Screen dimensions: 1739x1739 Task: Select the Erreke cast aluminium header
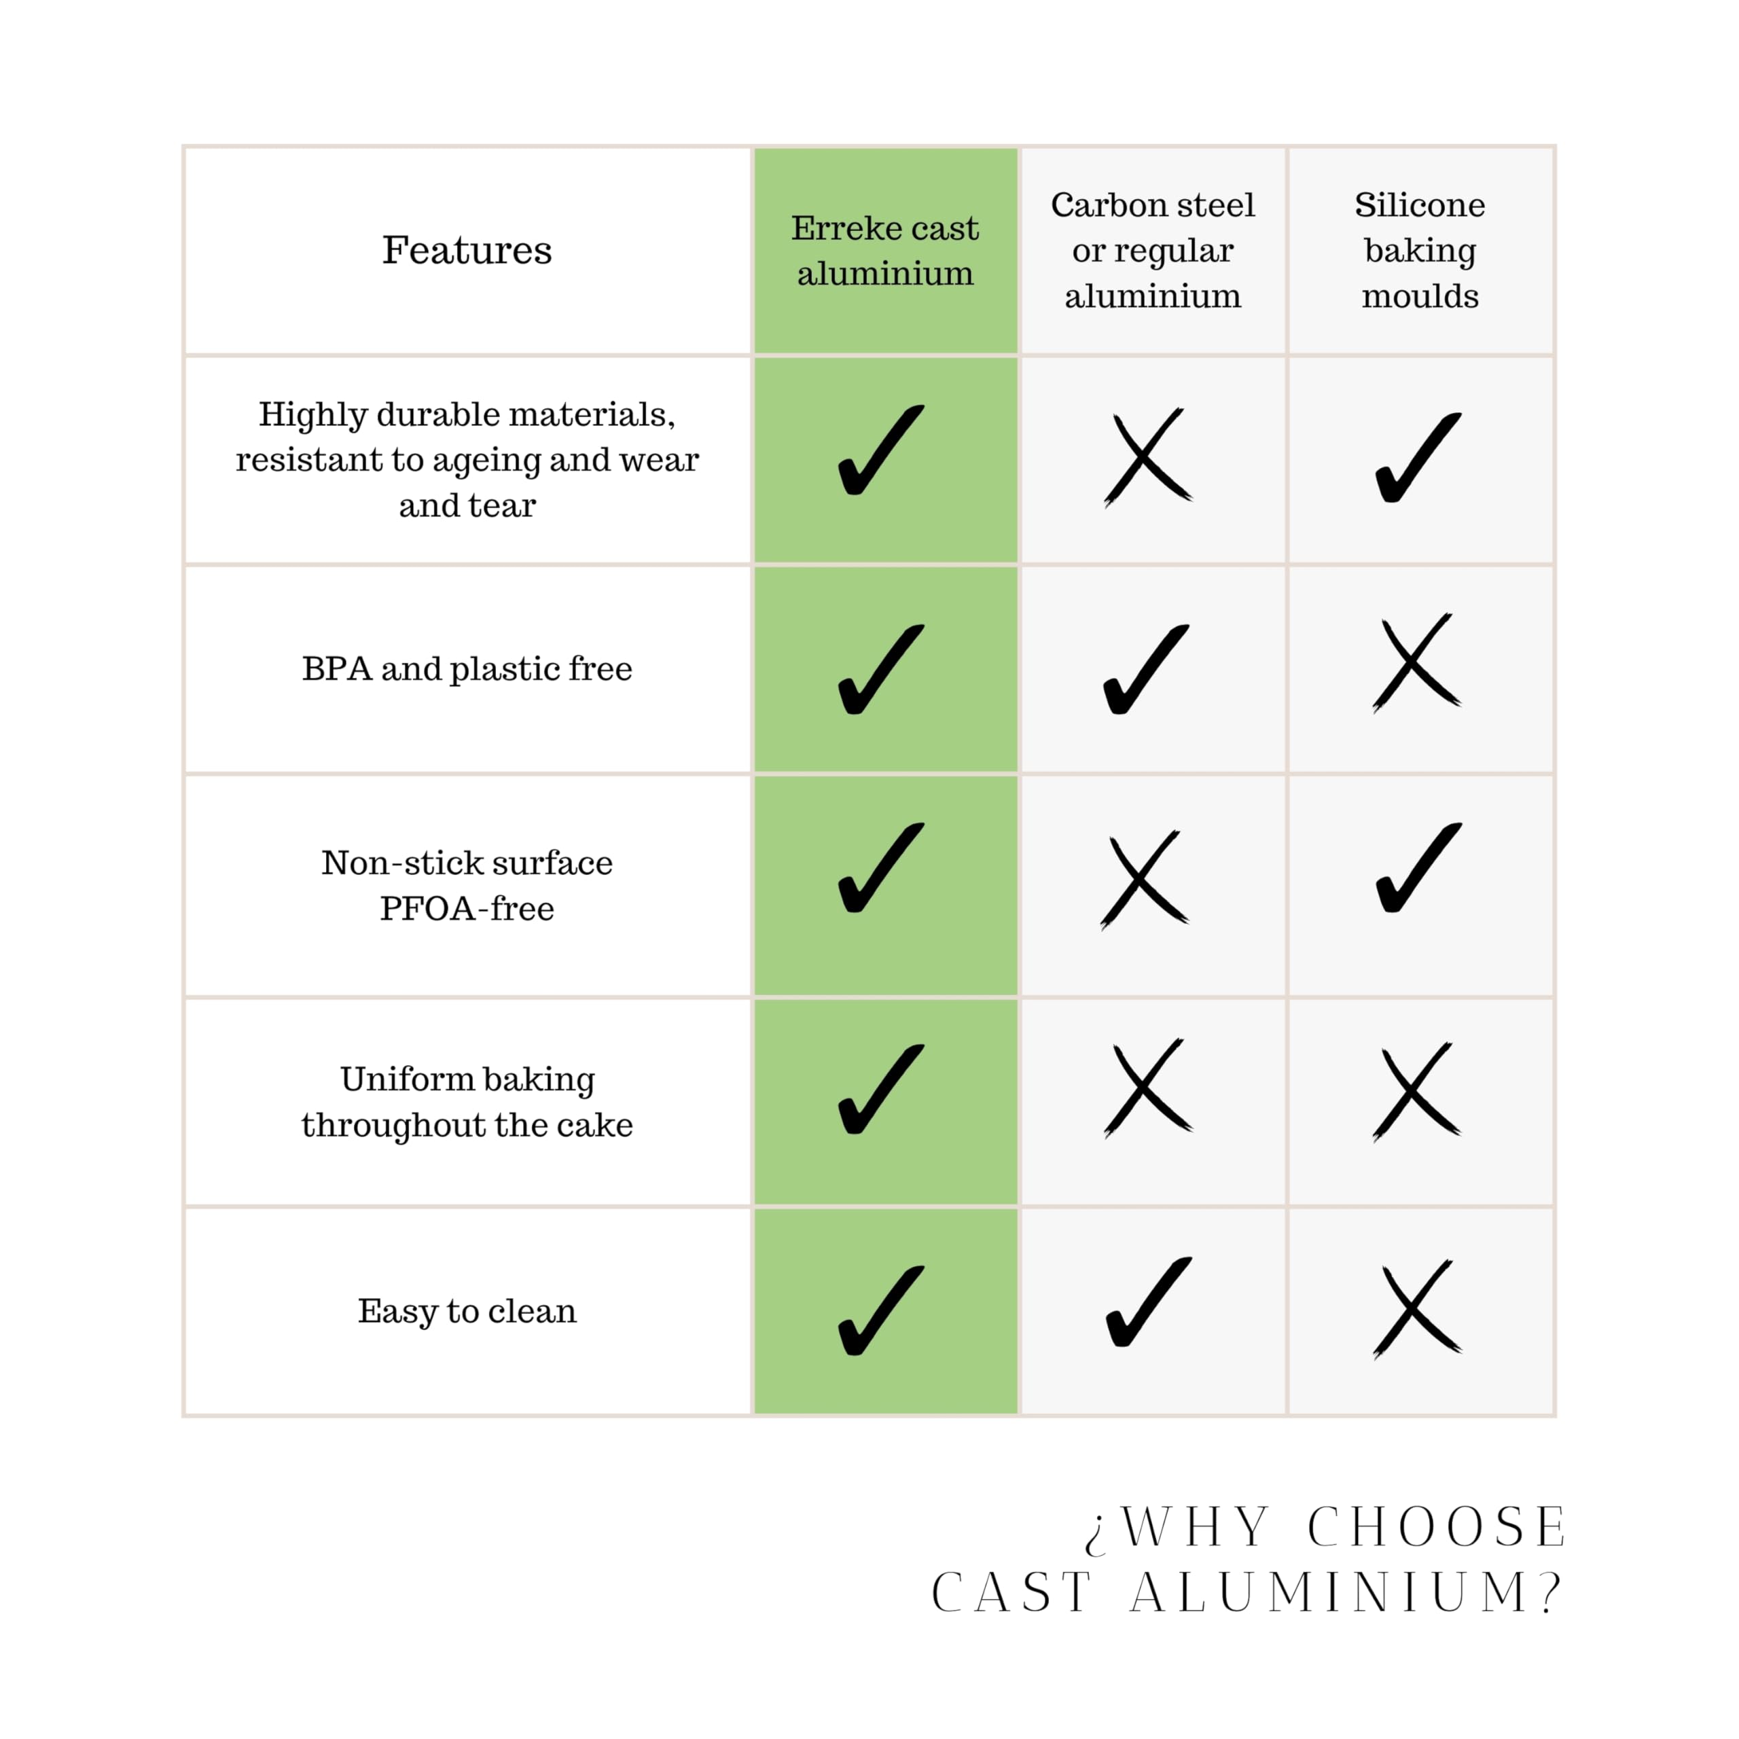(885, 250)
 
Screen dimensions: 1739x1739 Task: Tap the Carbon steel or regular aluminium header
(1152, 250)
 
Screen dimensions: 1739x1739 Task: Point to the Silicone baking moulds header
(1420, 250)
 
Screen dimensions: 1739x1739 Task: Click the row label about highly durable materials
(467, 459)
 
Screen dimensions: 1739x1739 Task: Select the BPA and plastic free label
(467, 669)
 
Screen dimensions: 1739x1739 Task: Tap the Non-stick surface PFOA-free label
(467, 885)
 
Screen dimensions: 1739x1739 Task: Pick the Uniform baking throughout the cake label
(467, 1102)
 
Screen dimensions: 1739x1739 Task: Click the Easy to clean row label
(467, 1310)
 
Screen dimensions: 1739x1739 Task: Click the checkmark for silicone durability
(1418, 457)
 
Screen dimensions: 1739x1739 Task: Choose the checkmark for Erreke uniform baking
(880, 1089)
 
